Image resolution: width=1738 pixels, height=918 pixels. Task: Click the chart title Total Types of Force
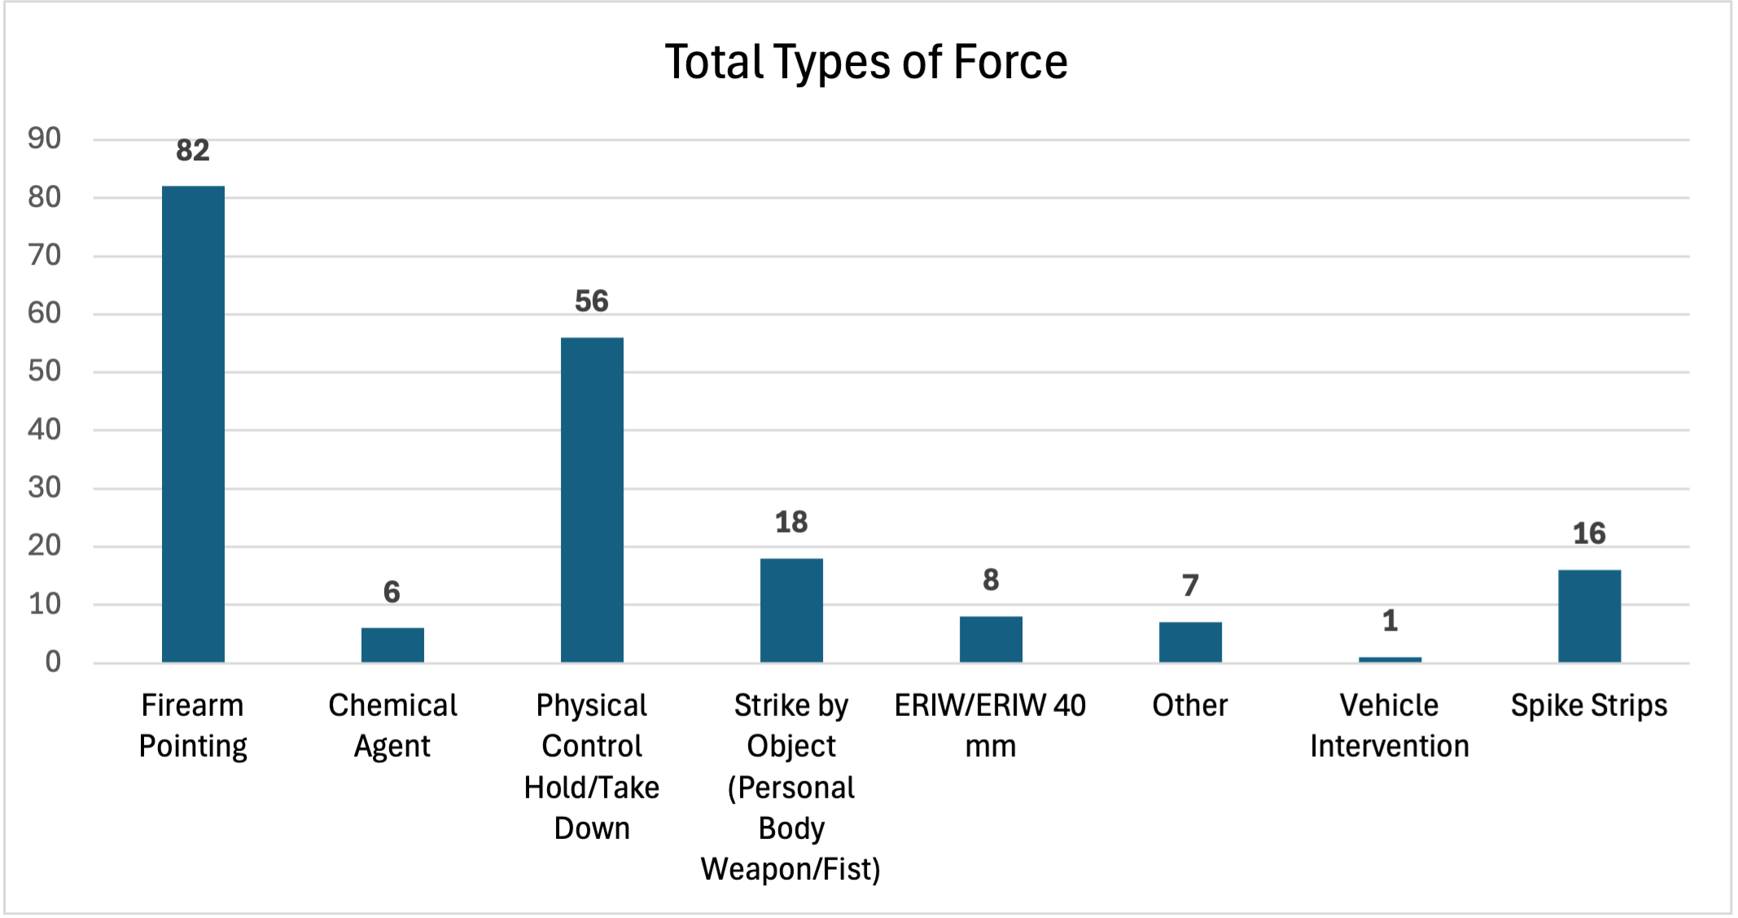866,62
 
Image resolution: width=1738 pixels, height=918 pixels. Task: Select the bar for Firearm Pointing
193,424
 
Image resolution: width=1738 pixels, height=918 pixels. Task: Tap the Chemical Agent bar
392,644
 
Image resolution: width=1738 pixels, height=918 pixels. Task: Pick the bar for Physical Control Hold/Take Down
592,499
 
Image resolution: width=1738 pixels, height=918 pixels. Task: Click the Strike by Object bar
791,610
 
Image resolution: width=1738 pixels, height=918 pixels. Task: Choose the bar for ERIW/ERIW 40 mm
991,639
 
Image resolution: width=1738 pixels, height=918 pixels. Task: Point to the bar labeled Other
1190,642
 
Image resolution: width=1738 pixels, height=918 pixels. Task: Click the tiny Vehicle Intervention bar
1390,659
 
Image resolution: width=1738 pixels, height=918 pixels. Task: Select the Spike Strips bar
1589,616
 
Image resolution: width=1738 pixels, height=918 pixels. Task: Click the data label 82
193,151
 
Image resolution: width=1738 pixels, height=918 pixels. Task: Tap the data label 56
592,301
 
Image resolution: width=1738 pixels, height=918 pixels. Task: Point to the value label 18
791,522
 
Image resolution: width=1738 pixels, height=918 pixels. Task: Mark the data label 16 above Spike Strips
1589,534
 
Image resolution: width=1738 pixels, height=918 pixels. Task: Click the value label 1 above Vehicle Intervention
1390,622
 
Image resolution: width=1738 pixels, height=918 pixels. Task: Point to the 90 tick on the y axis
45,139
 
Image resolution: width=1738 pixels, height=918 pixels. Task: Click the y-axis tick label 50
45,371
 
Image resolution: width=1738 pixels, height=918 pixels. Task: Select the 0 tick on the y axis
53,662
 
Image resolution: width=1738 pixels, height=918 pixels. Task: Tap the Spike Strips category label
1589,705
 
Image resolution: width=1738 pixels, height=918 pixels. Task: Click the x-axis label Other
1190,705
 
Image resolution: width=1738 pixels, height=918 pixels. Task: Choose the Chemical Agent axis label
392,726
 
